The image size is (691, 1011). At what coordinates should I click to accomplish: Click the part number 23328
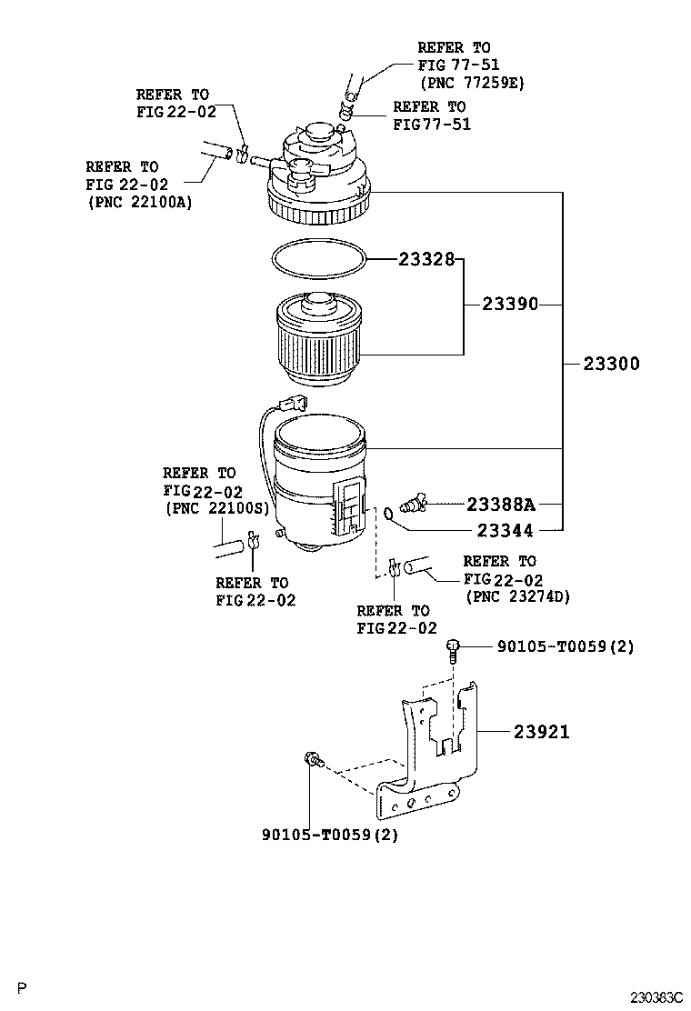(426, 259)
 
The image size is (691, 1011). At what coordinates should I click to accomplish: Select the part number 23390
(510, 304)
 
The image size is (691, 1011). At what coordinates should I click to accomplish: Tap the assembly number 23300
(611, 364)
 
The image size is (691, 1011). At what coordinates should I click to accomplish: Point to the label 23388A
(501, 504)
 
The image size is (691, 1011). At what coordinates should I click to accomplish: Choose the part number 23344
(505, 531)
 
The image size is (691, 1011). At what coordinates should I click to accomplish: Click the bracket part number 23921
(542, 732)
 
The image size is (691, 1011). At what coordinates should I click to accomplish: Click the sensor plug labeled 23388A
(412, 503)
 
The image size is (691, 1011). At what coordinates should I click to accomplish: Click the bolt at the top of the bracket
(453, 651)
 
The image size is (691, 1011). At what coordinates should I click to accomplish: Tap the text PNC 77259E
(473, 83)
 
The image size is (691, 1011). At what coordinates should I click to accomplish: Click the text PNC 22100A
(139, 203)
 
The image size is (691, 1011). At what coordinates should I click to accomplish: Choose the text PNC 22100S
(217, 508)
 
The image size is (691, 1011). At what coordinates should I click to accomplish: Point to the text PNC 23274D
(517, 596)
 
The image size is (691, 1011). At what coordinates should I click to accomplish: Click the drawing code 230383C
(656, 997)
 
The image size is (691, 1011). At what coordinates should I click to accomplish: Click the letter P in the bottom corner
(23, 987)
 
